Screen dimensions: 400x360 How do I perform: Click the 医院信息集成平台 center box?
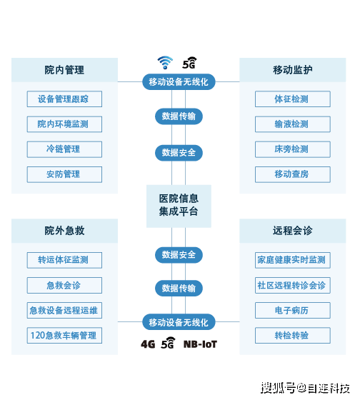tap(179, 205)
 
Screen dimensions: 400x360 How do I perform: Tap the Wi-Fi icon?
tap(166, 63)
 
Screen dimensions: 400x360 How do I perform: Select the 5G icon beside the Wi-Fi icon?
tap(190, 63)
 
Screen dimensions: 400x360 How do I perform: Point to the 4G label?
tap(148, 344)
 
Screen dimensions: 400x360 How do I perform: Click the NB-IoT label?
tap(200, 344)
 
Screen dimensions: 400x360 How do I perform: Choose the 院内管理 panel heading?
tap(64, 70)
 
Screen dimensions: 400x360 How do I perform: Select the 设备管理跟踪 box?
tap(64, 99)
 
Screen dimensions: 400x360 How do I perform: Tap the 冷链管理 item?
tap(64, 149)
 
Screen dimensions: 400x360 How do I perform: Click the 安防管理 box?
tap(64, 174)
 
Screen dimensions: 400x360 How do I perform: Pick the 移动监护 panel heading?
tap(292, 70)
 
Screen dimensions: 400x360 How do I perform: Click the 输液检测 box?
tap(292, 124)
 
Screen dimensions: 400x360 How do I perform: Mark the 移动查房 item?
tap(292, 174)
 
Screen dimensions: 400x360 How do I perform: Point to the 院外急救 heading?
tap(64, 231)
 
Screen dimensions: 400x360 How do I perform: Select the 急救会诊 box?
tap(64, 286)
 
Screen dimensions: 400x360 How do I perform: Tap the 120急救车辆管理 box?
tap(64, 335)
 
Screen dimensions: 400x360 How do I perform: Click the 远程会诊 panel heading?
tap(292, 231)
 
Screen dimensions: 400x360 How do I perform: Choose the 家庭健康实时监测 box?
tap(292, 260)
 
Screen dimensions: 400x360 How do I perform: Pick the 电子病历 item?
tap(292, 311)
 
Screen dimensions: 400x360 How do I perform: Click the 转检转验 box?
tap(292, 335)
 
